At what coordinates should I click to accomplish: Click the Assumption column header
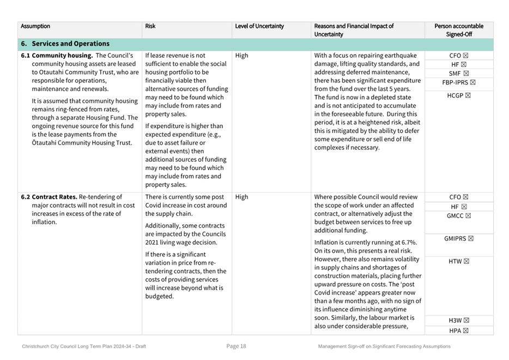pos(35,26)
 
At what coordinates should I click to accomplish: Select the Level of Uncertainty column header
pos(259,26)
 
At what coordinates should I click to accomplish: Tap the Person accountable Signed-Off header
pos(458,30)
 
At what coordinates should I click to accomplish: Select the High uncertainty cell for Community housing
pos(241,56)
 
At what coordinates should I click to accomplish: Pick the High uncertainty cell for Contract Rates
pos(241,197)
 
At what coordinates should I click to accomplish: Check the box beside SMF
pos(466,74)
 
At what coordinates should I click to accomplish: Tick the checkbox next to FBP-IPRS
pos(472,82)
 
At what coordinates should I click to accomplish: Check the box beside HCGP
pos(468,96)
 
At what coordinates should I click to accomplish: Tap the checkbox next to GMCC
pos(468,216)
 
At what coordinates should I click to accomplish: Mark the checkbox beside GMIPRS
pos(471,239)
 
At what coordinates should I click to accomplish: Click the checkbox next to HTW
pos(466,261)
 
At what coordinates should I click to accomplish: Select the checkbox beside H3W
pos(466,320)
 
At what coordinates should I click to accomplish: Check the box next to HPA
pos(465,331)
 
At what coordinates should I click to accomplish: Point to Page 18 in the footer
pos(237,346)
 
